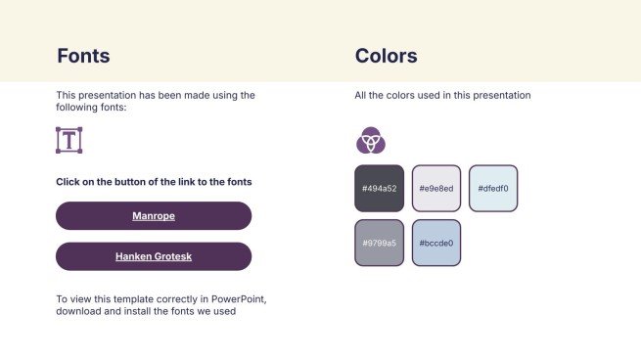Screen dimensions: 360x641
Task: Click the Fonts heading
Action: point(83,56)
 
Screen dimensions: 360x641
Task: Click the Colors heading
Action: point(386,56)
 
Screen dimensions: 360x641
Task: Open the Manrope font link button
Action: point(154,215)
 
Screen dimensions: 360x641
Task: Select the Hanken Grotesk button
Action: point(154,256)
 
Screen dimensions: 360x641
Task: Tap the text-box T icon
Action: point(69,140)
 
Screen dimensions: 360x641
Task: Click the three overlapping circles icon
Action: point(370,141)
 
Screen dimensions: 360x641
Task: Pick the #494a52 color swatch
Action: point(379,189)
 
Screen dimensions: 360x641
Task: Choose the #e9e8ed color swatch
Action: point(436,189)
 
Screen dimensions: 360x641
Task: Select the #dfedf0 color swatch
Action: point(493,189)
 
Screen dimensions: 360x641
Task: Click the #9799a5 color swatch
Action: point(379,243)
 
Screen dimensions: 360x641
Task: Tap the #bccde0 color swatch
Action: point(436,243)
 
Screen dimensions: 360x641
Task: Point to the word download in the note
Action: point(79,312)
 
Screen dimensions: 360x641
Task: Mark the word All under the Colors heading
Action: point(361,96)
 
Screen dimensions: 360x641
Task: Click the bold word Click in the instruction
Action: point(69,182)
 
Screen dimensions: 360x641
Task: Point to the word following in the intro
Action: point(80,108)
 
